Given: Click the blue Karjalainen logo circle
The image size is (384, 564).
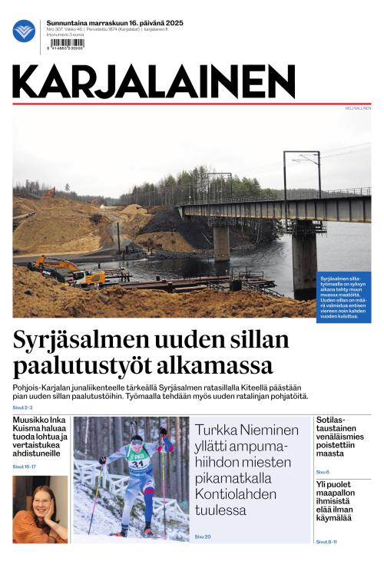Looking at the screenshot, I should [x=24, y=31].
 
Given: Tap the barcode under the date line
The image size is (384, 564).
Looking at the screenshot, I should [x=65, y=44].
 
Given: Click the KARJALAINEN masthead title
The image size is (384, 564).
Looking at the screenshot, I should [x=154, y=81].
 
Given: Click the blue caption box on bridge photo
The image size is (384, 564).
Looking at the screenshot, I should [x=343, y=296].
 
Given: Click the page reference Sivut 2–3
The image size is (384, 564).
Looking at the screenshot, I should [x=22, y=407].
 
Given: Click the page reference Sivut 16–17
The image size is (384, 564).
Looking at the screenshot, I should [x=24, y=467].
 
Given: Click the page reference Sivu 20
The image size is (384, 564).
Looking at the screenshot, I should [x=203, y=536].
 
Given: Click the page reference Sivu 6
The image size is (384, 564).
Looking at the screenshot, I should [x=323, y=472].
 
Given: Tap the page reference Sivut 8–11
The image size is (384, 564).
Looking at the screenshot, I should [x=326, y=542].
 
